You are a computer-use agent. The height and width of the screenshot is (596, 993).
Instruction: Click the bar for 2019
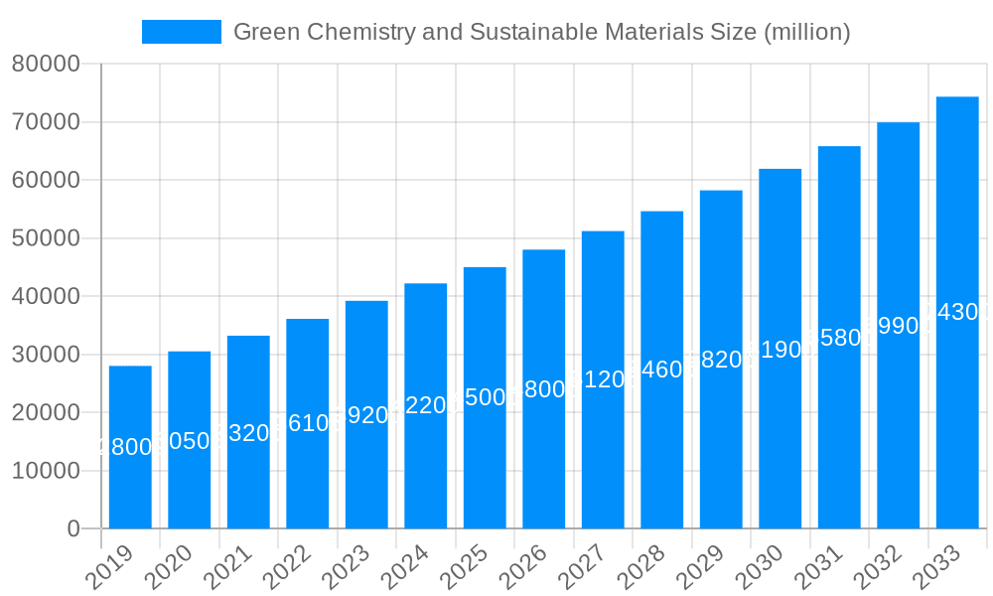[x=130, y=447]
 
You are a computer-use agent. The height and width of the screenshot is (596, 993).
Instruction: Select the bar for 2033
[x=957, y=312]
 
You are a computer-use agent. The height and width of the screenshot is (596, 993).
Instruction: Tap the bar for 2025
[x=485, y=397]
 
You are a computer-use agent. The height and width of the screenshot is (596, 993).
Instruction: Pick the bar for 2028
[x=661, y=370]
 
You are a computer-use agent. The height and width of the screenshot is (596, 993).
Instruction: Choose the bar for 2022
[x=308, y=423]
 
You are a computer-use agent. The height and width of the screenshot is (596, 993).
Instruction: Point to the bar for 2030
[x=780, y=349]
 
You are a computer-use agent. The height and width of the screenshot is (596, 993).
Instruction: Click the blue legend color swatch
[x=181, y=32]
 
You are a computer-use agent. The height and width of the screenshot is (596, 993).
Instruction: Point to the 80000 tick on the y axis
[x=46, y=65]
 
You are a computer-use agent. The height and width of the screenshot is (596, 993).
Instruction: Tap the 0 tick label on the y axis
[x=73, y=528]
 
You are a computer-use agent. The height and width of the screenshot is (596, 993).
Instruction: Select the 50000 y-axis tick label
[x=46, y=238]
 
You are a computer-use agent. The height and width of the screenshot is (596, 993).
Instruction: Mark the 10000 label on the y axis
[x=46, y=471]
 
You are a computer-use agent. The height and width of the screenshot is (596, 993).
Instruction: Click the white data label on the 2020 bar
[x=189, y=441]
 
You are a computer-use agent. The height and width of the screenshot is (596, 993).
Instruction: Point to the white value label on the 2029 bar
[x=721, y=360]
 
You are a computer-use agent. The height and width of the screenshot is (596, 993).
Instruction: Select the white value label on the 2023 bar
[x=366, y=415]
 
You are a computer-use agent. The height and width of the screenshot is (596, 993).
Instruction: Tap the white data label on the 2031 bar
[x=839, y=338]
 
